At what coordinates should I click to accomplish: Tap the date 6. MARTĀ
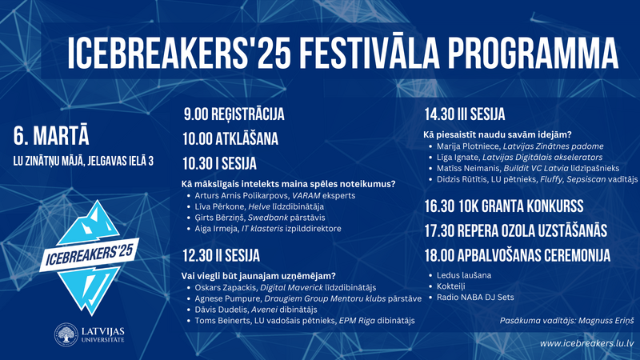[51, 136]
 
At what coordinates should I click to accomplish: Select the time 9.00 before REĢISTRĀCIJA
[195, 114]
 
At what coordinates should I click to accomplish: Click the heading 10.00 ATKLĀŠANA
[230, 138]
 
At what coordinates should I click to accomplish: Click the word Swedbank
[268, 218]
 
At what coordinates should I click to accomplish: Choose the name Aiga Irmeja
[216, 229]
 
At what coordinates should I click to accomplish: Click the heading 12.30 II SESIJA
[221, 256]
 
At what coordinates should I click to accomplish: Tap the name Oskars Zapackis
[226, 288]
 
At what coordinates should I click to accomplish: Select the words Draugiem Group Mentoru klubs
[325, 298]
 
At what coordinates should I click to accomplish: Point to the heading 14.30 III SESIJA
[465, 114]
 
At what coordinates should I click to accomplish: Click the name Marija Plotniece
[468, 146]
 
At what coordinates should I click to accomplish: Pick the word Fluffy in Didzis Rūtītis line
[552, 179]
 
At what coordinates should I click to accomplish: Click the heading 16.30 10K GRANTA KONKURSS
[504, 206]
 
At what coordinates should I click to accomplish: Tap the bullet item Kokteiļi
[450, 286]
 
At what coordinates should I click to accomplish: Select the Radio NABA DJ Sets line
[475, 297]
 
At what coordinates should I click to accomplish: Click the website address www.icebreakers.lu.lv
[586, 344]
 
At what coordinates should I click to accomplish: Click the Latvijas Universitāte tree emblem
[66, 334]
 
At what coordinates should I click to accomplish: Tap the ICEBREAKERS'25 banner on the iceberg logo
[90, 255]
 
